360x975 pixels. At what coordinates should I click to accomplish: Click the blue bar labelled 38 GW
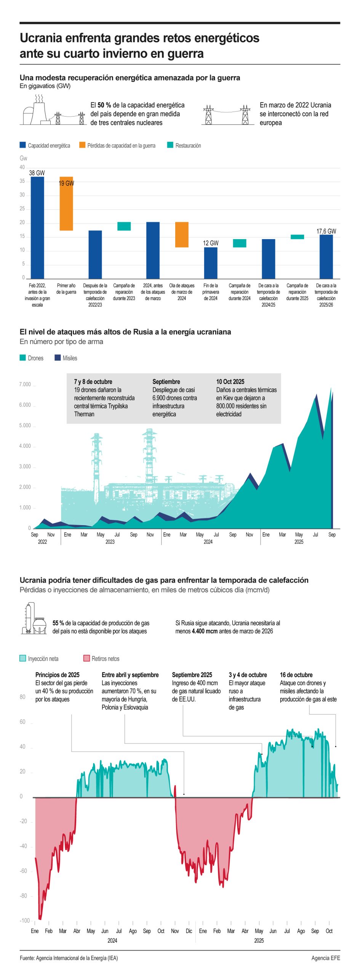pos(37,227)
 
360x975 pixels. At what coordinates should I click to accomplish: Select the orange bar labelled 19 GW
pos(66,203)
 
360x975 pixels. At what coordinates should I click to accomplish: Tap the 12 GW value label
pos(211,243)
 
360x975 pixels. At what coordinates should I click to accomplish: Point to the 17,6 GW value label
pos(326,231)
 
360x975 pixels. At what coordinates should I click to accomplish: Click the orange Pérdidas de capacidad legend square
pos(82,145)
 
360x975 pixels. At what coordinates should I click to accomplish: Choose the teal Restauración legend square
pos(170,145)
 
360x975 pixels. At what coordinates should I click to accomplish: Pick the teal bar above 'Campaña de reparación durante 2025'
pos(297,237)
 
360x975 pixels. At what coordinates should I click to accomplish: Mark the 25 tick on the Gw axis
pos(22,209)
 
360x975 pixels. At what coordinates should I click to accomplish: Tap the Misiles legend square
pos(58,358)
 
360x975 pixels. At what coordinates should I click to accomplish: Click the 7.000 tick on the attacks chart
pos(25,384)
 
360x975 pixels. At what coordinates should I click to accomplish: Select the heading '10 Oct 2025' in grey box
pos(230,382)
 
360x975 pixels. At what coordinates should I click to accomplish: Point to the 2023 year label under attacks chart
pos(110,542)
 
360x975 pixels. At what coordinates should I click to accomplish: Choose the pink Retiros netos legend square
pos(86,659)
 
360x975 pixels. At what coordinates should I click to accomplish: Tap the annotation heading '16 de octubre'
pos(296,675)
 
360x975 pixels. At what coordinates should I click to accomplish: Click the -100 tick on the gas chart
pos(25,921)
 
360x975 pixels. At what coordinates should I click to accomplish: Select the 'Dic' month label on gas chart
pos(189,931)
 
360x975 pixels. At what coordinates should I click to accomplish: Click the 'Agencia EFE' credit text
pos(325,958)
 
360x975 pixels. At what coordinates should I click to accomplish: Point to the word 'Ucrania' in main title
pos(41,38)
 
